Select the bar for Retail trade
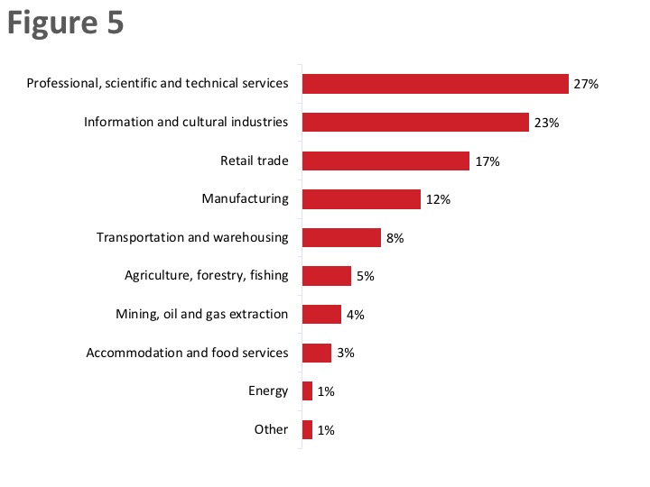coord(385,161)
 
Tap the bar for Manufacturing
coord(361,199)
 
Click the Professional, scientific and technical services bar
coord(435,84)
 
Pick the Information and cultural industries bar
coord(415,122)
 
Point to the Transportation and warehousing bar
coord(341,237)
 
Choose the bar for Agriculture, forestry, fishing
coord(327,276)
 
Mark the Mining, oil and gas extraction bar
coord(321,314)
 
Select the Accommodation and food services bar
coord(317,353)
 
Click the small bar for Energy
coord(307,391)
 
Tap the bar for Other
coord(307,429)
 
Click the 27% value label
coord(586,85)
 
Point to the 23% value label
coord(546,123)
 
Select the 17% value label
coord(487,161)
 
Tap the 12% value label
coord(438,200)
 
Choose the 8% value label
coord(394,238)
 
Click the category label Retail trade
coord(254,161)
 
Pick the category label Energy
coord(268,391)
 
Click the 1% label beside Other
coord(326,430)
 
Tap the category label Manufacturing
coord(245,198)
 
